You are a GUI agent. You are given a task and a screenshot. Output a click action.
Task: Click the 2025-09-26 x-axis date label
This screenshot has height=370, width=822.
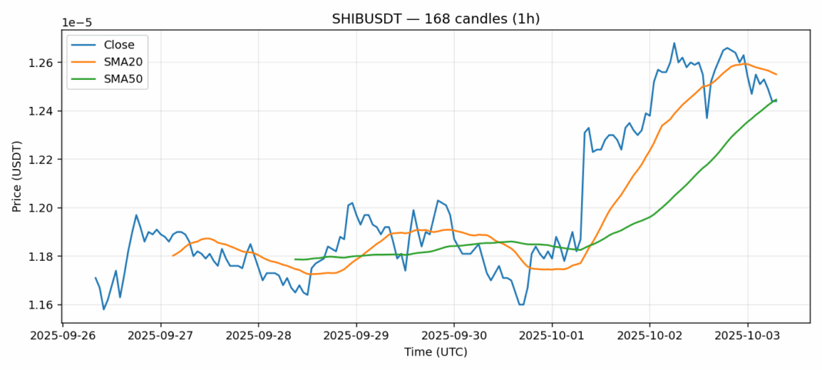[63, 337]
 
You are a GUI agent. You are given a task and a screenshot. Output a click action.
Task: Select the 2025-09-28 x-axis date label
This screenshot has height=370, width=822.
[259, 337]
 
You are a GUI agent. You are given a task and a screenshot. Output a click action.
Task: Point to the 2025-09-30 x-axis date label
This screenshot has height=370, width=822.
[454, 337]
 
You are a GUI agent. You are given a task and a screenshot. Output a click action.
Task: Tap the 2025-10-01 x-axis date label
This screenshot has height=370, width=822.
[552, 337]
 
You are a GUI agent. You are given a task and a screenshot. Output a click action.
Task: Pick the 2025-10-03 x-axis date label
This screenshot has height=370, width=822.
[747, 337]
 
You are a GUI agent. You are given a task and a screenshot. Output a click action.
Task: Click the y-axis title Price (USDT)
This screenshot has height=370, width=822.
[16, 176]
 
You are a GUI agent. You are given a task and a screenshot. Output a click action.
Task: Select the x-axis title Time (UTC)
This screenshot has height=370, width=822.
[436, 352]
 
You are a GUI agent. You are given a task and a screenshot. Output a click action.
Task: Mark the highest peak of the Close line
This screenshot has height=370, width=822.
[674, 43]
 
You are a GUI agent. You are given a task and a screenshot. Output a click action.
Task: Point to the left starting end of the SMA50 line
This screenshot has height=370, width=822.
[295, 259]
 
